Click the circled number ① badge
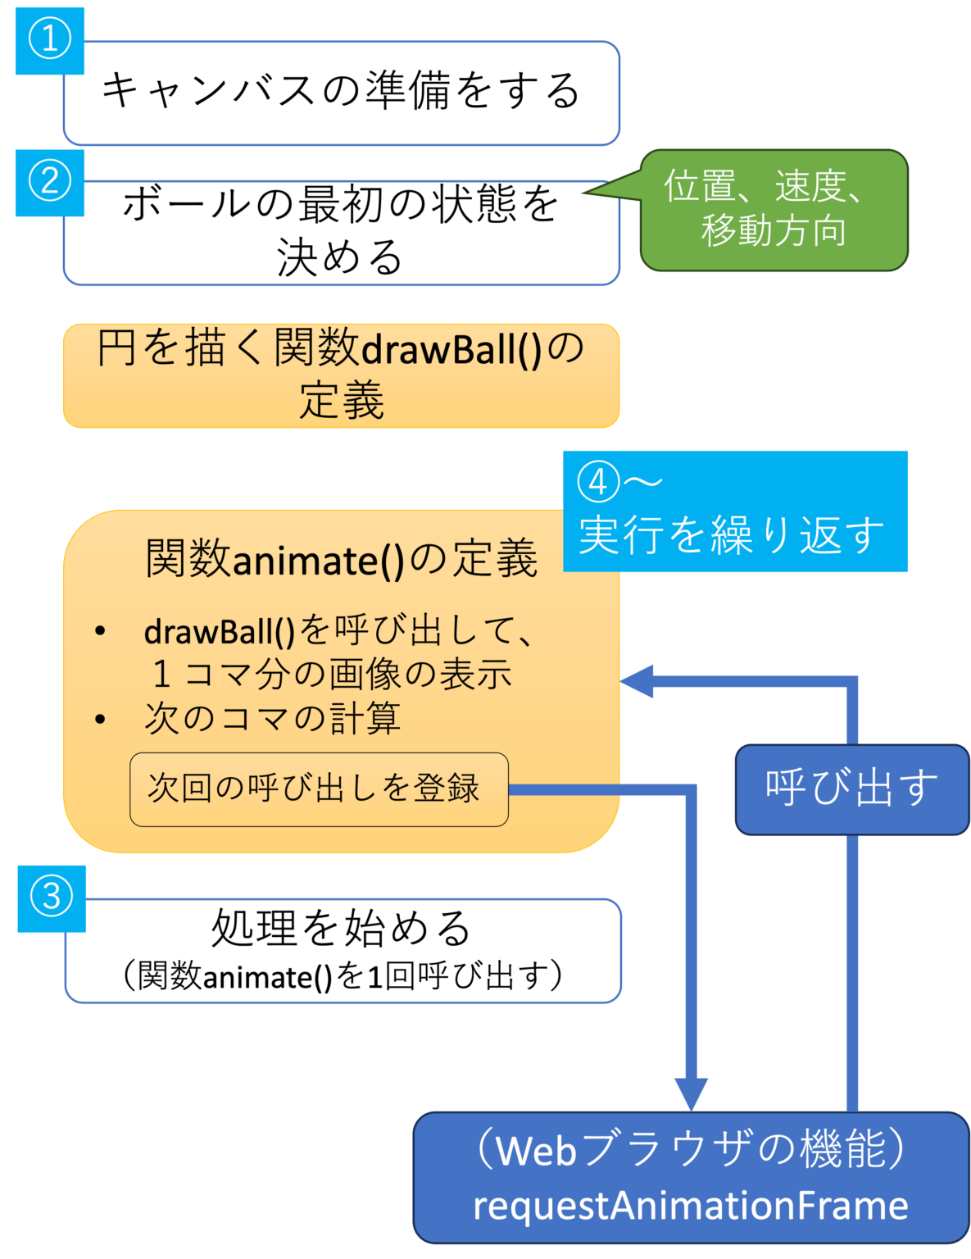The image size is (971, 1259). tap(49, 40)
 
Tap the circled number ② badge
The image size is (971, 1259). tap(49, 182)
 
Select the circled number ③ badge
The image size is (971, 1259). tap(52, 898)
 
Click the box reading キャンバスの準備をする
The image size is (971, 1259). tap(341, 92)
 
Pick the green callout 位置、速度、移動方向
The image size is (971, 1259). tap(774, 210)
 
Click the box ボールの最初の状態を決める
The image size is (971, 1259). tap(341, 232)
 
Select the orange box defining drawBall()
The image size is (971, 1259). tap(341, 375)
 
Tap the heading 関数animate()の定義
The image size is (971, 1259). tap(341, 560)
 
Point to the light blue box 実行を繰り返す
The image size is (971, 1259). tap(734, 534)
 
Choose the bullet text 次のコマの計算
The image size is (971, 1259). tap(272, 718)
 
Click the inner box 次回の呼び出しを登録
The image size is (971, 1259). tap(319, 789)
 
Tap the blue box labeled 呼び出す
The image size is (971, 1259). tap(851, 789)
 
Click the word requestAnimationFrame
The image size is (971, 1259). tap(690, 1206)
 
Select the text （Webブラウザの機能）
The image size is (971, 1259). tap(690, 1149)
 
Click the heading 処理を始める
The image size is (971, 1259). tap(341, 929)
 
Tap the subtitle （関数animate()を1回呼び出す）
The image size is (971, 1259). tap(341, 976)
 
